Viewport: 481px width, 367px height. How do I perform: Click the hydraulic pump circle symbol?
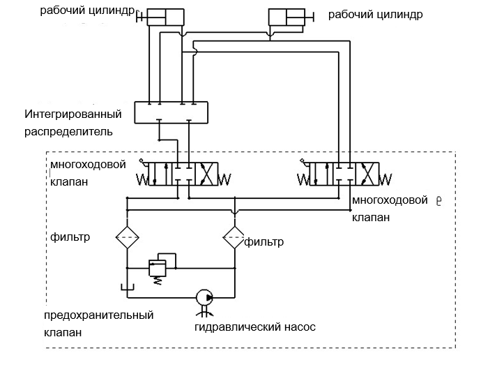(x=204, y=298)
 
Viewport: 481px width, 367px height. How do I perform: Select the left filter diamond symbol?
(x=127, y=238)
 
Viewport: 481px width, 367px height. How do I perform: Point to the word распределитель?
(x=68, y=130)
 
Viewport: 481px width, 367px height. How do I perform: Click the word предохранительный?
(x=98, y=315)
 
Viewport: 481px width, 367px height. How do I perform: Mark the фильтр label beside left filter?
(x=71, y=237)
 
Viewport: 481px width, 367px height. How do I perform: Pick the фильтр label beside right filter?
(x=264, y=242)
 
